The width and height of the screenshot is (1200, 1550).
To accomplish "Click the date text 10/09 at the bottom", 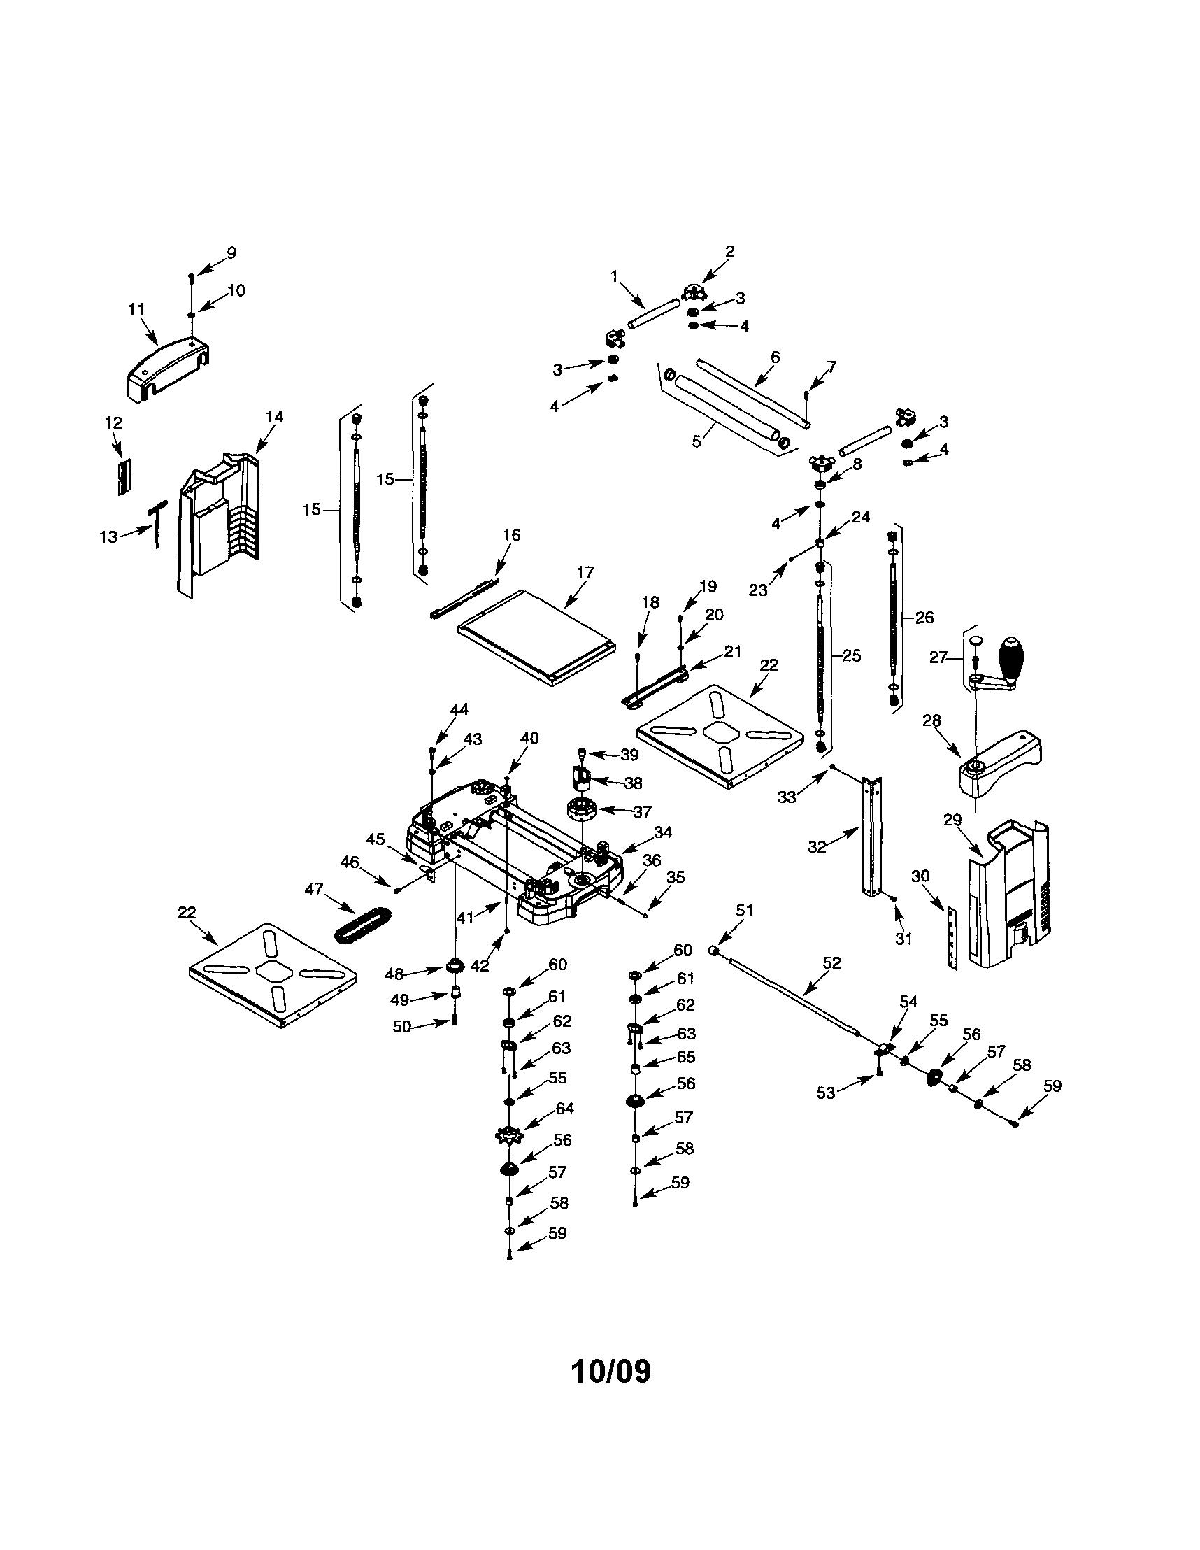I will [610, 1372].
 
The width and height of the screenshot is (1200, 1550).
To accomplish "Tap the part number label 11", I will [136, 308].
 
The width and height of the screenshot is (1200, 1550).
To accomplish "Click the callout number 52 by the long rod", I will [831, 963].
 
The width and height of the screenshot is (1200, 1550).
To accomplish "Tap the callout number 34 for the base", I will [663, 832].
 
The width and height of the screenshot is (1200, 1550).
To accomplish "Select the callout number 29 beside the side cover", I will [952, 820].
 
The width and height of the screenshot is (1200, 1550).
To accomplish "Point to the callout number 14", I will [274, 417].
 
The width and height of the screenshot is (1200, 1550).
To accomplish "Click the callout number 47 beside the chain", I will [314, 889].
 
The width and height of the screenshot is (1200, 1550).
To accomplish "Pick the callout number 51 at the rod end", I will [745, 911].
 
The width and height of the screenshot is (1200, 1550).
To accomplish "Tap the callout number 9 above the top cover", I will [231, 253].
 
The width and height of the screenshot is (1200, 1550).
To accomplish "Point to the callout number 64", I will [565, 1109].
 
